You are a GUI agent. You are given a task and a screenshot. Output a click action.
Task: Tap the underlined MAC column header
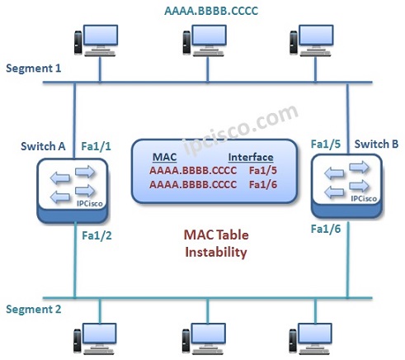(166, 157)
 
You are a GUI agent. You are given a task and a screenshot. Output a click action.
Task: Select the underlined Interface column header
(251, 157)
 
